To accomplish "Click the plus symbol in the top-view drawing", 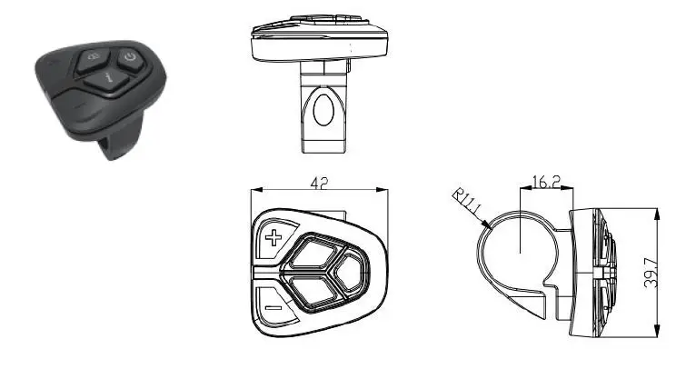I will pos(273,240).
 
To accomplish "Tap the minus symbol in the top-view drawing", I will pos(271,307).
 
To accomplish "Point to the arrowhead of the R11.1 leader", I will pos(487,224).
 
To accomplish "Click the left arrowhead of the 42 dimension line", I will pos(254,189).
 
